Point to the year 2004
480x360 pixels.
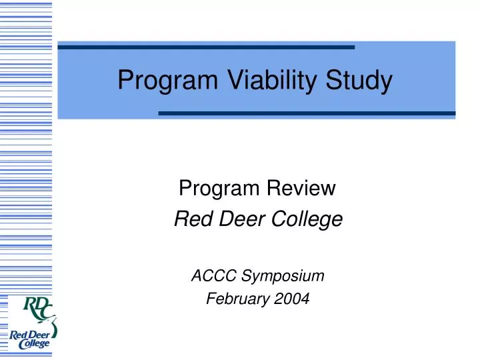[291, 299]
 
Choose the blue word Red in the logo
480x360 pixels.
[19, 334]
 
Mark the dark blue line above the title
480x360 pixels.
[206, 47]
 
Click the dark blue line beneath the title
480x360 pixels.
[307, 113]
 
